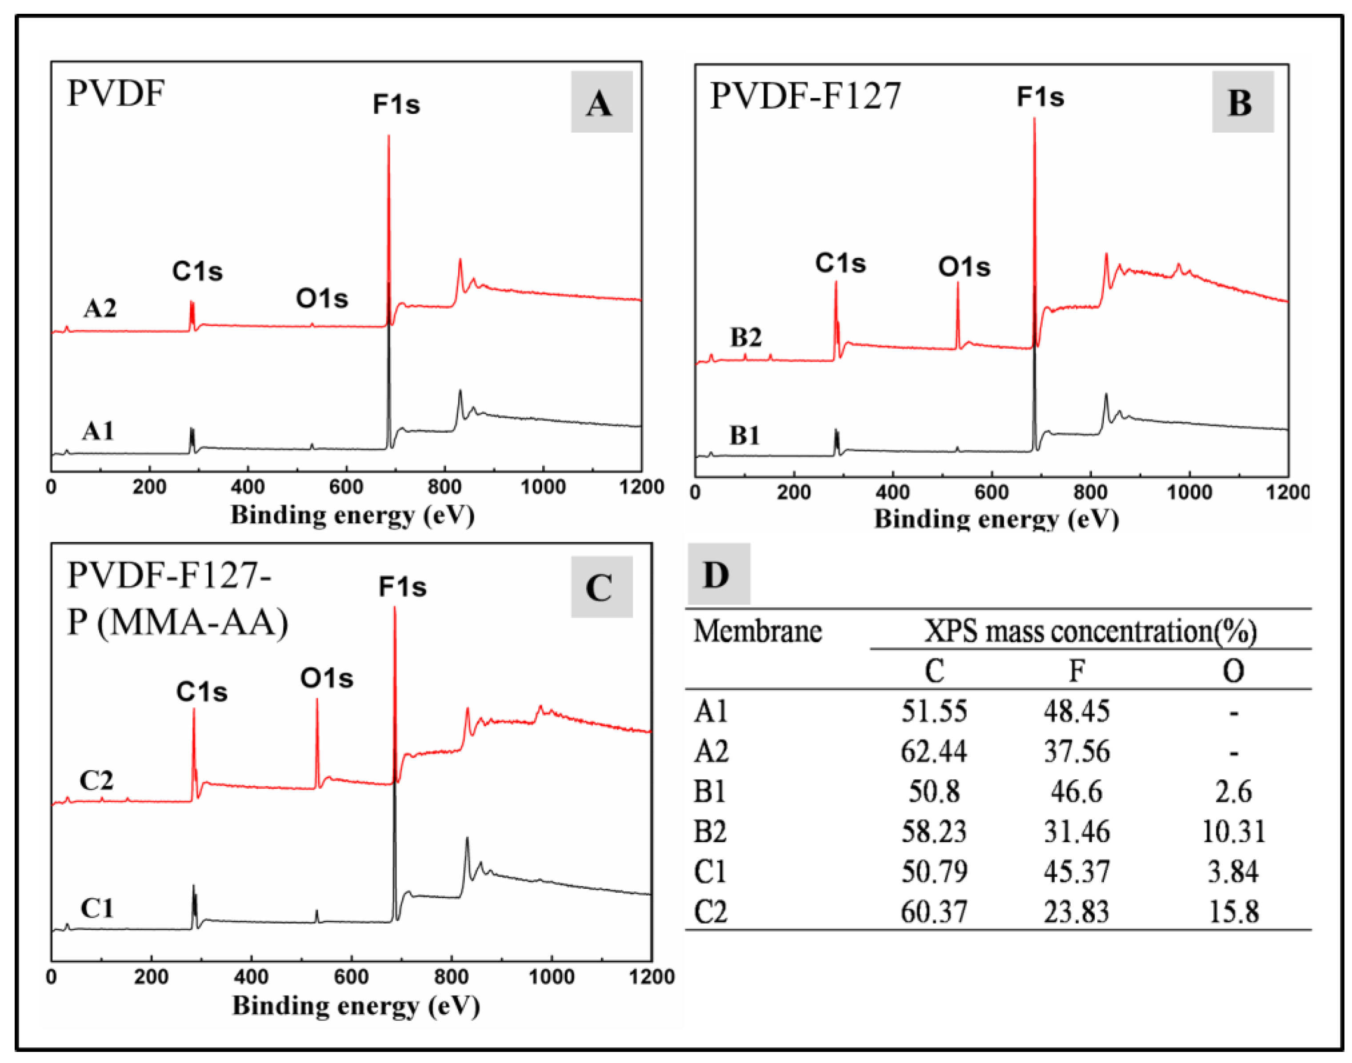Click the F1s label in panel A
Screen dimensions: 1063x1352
(x=396, y=104)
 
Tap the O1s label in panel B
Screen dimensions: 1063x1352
(x=964, y=267)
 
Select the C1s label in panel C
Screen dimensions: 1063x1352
(x=202, y=691)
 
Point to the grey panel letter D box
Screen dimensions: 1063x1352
(x=718, y=573)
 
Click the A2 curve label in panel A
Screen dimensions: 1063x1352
(x=100, y=308)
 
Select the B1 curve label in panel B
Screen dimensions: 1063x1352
(x=744, y=435)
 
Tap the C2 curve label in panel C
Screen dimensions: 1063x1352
(x=96, y=780)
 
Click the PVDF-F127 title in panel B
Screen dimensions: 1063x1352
(x=805, y=96)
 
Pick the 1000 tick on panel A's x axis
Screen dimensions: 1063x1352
(x=543, y=487)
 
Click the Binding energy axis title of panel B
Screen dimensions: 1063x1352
(x=996, y=519)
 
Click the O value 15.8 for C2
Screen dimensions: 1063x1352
(x=1233, y=912)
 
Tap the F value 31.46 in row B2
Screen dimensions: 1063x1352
(x=1076, y=831)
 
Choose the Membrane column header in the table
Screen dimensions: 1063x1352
(x=757, y=631)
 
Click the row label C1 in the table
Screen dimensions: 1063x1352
(x=710, y=871)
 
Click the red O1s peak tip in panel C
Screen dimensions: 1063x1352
(x=317, y=699)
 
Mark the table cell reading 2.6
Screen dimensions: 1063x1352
(x=1233, y=791)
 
